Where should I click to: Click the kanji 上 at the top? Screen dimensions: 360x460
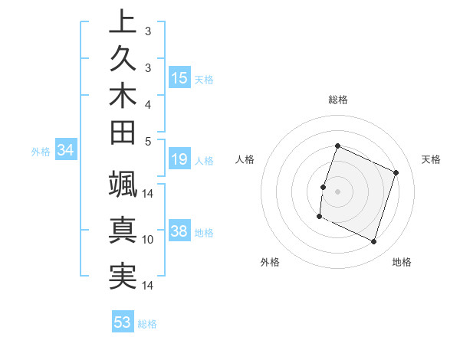coord(123,21)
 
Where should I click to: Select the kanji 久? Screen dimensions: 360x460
coord(123,59)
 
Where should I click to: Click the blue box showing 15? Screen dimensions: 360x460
coord(179,77)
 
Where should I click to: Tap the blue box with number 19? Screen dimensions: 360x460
coord(179,160)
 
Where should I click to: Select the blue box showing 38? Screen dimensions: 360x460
coord(179,232)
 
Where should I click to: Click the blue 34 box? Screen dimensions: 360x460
coord(66,151)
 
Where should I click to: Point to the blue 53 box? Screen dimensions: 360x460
coord(123,322)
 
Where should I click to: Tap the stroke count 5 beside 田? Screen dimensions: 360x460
coord(148,140)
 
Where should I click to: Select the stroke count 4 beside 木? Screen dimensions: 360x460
coord(148,103)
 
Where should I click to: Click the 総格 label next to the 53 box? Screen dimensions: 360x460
coord(147,323)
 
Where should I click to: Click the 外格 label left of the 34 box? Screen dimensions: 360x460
coord(41,152)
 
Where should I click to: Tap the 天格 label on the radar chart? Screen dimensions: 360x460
coord(431,159)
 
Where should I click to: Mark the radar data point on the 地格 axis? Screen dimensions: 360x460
coord(374,242)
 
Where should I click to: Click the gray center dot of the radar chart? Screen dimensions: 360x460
coord(337,191)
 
